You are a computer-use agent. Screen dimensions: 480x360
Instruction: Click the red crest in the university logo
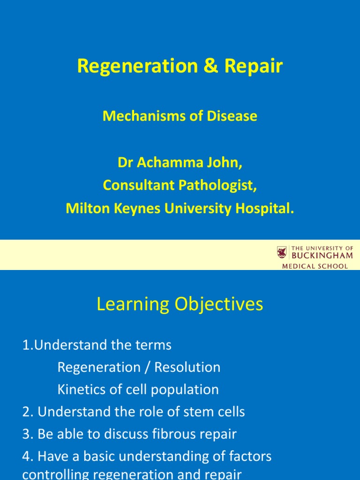[x=282, y=253]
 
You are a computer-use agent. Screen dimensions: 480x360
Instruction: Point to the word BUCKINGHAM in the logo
[x=322, y=255]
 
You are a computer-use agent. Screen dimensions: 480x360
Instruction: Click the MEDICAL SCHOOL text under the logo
[x=315, y=266]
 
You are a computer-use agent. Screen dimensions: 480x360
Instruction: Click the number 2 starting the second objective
[x=26, y=412]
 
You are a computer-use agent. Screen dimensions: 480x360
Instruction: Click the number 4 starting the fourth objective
[x=26, y=456]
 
